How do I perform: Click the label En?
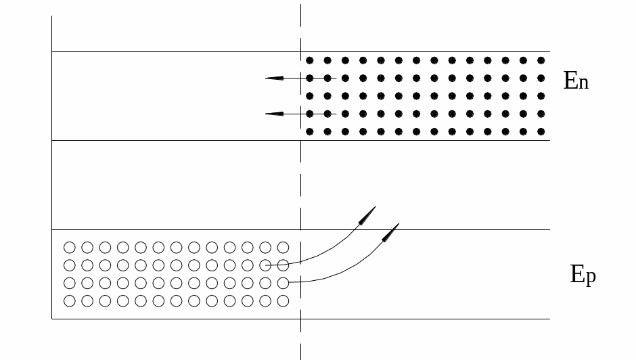(576, 82)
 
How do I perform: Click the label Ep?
(583, 275)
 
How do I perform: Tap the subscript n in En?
(583, 84)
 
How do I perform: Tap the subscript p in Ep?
(591, 277)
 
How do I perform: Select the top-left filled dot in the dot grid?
(310, 60)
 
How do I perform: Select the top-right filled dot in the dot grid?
(541, 60)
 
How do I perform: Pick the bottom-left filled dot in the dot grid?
(310, 131)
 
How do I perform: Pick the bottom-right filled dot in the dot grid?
(541, 131)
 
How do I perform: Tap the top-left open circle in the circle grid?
(69, 248)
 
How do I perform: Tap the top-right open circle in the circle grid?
(283, 248)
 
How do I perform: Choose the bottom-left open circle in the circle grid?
(69, 300)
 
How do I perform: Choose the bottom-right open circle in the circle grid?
(283, 300)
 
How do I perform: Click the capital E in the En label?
(570, 81)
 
